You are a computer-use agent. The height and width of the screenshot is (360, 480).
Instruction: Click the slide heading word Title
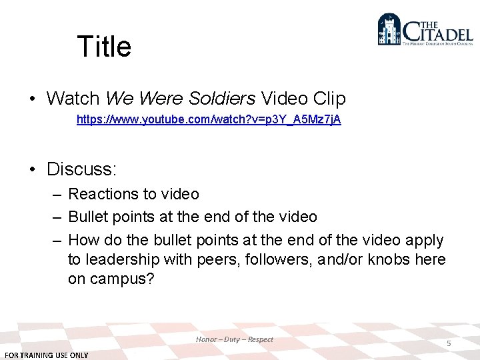[x=104, y=47]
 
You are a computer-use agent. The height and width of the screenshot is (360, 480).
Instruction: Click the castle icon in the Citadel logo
[x=389, y=30]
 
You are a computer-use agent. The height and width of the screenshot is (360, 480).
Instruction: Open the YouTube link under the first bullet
[x=209, y=120]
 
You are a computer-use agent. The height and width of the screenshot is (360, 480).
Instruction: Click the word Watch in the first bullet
[x=73, y=99]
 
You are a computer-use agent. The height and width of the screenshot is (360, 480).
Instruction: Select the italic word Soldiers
[x=223, y=99]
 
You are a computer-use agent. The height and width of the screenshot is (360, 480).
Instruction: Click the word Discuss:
[x=81, y=169]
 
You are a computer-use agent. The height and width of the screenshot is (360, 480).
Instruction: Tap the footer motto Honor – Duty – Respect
[x=235, y=339]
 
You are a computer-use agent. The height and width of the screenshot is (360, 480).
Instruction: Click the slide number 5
[x=449, y=343]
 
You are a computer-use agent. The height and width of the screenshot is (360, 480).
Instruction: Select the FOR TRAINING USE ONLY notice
[x=47, y=355]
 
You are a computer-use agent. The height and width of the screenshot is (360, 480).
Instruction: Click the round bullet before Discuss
[x=33, y=169]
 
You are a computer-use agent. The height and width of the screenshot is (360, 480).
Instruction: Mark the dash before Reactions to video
[x=56, y=195]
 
